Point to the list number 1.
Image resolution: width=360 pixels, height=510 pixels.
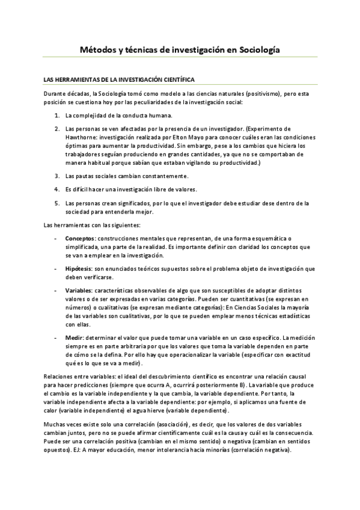(x=57, y=114)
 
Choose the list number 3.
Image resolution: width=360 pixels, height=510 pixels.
(x=57, y=176)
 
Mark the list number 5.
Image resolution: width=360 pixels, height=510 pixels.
(x=57, y=203)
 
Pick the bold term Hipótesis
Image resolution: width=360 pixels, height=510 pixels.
(x=79, y=268)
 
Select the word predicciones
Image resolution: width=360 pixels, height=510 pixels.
(x=82, y=384)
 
